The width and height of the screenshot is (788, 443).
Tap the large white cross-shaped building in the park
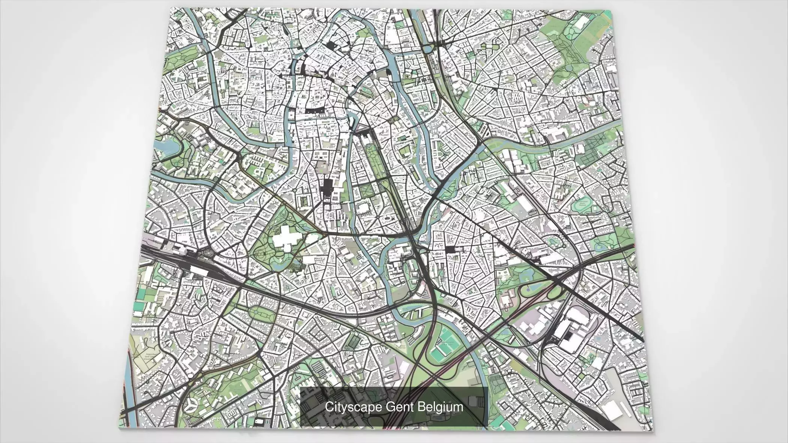[x=288, y=237]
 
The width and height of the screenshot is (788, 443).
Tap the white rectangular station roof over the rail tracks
[x=201, y=270]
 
